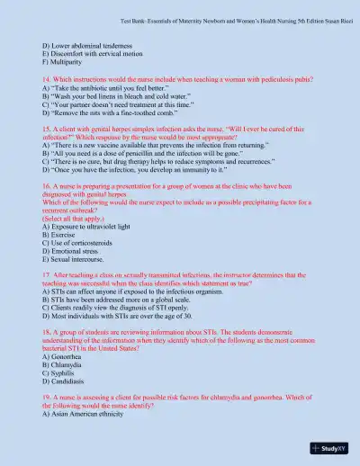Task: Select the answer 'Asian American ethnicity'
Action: click(89, 415)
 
